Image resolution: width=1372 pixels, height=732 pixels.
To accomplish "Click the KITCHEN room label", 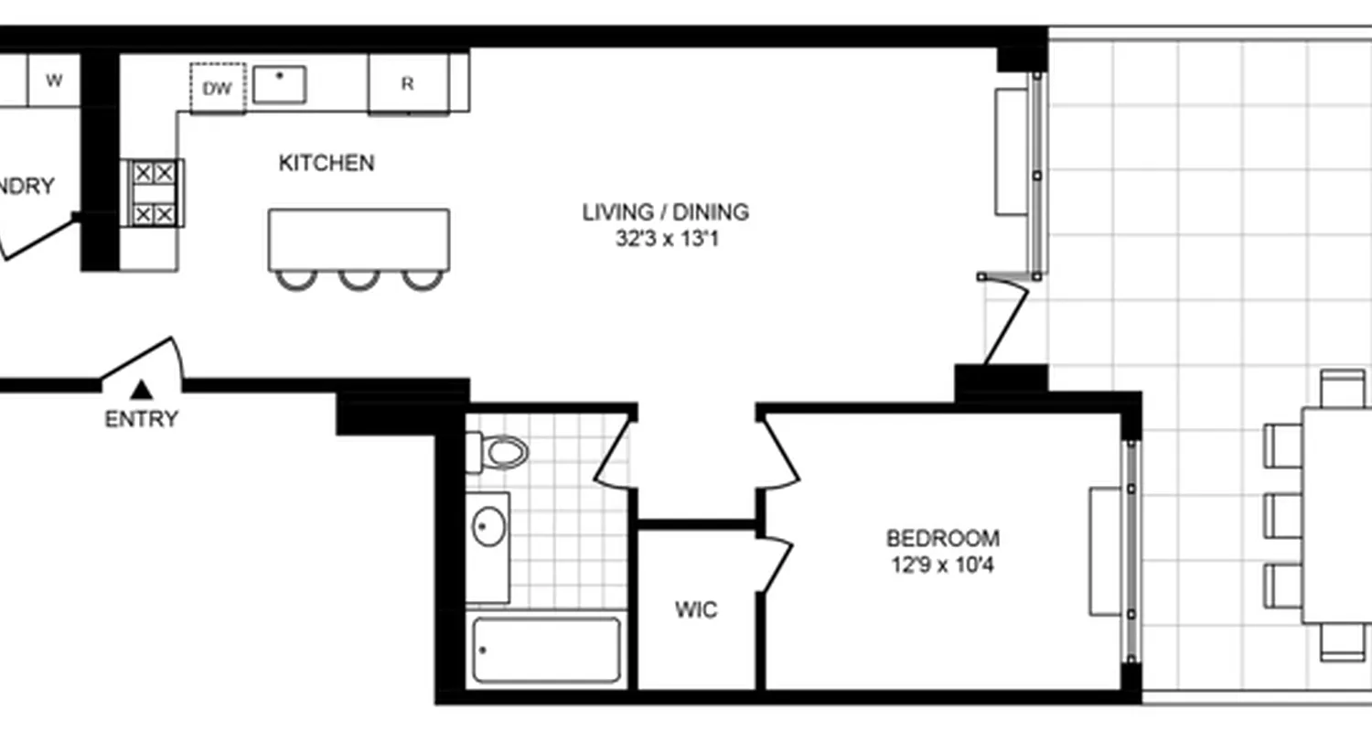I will click(326, 164).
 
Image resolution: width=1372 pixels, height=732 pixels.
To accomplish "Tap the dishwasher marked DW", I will click(218, 88).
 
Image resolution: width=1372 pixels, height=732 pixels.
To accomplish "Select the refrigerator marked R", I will click(408, 83).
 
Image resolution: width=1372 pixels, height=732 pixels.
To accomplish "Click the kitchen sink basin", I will click(279, 84).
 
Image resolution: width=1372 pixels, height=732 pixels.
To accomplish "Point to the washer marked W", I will click(54, 81).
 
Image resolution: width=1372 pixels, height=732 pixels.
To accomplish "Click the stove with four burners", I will click(153, 192).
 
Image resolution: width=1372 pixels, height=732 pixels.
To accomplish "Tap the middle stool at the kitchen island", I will click(359, 279).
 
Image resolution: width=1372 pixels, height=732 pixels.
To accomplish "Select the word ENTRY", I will click(141, 420).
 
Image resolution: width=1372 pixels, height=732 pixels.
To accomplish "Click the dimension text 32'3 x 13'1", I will click(665, 240).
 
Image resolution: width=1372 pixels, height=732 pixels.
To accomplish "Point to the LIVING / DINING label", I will click(665, 212).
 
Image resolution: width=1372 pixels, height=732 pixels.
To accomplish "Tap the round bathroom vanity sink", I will click(488, 527).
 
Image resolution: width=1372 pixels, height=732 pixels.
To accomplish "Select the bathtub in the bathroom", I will click(546, 650).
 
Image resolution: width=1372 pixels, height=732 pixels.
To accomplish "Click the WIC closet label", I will click(696, 609).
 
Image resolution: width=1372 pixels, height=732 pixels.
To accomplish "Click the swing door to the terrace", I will click(1006, 320).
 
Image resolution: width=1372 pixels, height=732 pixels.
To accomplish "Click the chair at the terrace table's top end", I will click(1343, 386).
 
